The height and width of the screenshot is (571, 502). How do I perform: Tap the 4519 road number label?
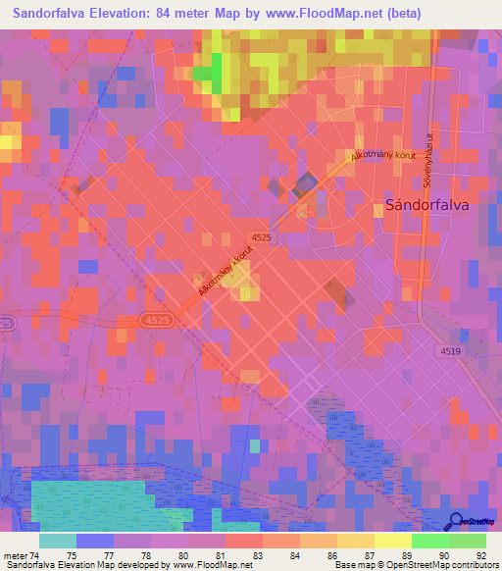451,350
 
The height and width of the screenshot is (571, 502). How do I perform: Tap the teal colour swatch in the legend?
57,541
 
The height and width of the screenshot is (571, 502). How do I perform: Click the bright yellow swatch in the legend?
392,541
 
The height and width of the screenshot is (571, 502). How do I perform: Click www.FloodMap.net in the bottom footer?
209,565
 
